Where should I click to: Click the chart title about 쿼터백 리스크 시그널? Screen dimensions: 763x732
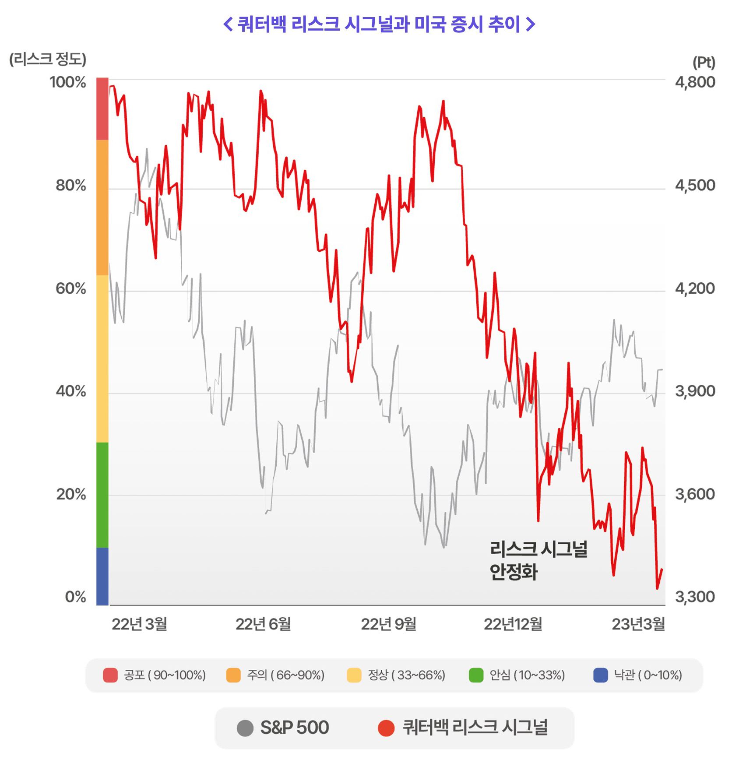point(379,24)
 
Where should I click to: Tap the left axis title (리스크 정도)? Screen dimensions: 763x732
point(48,59)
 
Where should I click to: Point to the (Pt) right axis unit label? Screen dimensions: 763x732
point(704,62)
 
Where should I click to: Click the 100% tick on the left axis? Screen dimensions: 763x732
point(68,82)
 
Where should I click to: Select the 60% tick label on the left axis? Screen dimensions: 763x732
point(70,288)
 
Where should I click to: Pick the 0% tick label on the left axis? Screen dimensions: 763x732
point(75,597)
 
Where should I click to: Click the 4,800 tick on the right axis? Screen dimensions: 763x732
point(695,82)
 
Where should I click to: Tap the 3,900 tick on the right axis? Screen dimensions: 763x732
point(695,391)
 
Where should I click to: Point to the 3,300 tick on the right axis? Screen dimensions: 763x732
point(695,597)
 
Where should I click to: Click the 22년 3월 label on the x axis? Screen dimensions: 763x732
point(139,624)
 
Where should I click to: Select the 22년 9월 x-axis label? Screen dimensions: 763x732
point(388,624)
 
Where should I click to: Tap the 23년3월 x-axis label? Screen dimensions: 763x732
point(638,624)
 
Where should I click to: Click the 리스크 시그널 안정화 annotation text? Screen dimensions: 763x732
point(538,560)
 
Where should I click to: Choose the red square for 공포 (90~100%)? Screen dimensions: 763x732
point(110,675)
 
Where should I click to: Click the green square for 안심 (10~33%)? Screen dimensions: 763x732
point(476,675)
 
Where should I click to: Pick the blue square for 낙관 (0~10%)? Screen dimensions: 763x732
point(601,675)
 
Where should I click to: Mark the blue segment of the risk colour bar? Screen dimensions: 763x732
point(102,576)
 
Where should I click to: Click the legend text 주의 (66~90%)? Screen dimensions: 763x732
point(285,675)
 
